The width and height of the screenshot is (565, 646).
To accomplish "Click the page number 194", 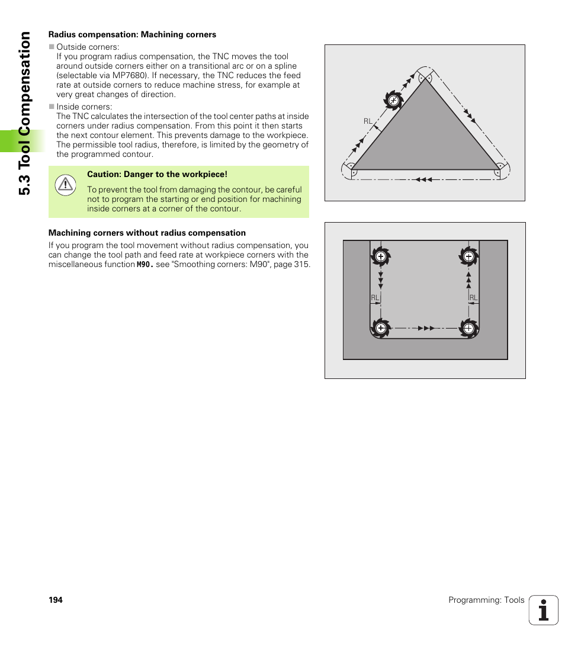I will pyautogui.click(x=55, y=600).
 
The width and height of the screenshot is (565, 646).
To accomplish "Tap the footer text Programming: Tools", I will pyautogui.click(x=486, y=600).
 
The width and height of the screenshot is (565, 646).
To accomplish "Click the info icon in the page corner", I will pyautogui.click(x=543, y=610).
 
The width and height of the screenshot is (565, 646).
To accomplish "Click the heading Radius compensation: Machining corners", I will pyautogui.click(x=132, y=34).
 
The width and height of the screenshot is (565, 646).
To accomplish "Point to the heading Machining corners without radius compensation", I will pyautogui.click(x=147, y=233).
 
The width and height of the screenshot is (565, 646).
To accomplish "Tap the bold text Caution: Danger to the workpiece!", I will pyautogui.click(x=157, y=175).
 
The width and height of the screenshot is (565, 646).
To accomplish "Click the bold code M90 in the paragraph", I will pyautogui.click(x=144, y=265).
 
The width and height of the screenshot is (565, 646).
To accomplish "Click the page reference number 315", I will pyautogui.click(x=302, y=265).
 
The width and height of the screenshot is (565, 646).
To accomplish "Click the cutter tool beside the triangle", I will pyautogui.click(x=393, y=100).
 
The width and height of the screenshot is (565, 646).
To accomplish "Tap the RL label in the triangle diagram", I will pyautogui.click(x=368, y=121).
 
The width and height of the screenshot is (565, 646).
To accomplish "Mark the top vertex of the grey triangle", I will pyautogui.click(x=425, y=78).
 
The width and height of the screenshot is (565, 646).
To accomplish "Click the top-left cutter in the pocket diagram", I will pyautogui.click(x=381, y=256).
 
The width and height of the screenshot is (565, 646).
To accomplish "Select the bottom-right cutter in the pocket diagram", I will pyautogui.click(x=468, y=327).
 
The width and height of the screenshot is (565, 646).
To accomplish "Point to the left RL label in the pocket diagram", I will pyautogui.click(x=374, y=298).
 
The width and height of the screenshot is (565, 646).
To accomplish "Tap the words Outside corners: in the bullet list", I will pyautogui.click(x=88, y=47).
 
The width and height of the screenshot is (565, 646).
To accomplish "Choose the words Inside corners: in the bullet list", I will pyautogui.click(x=84, y=107).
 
